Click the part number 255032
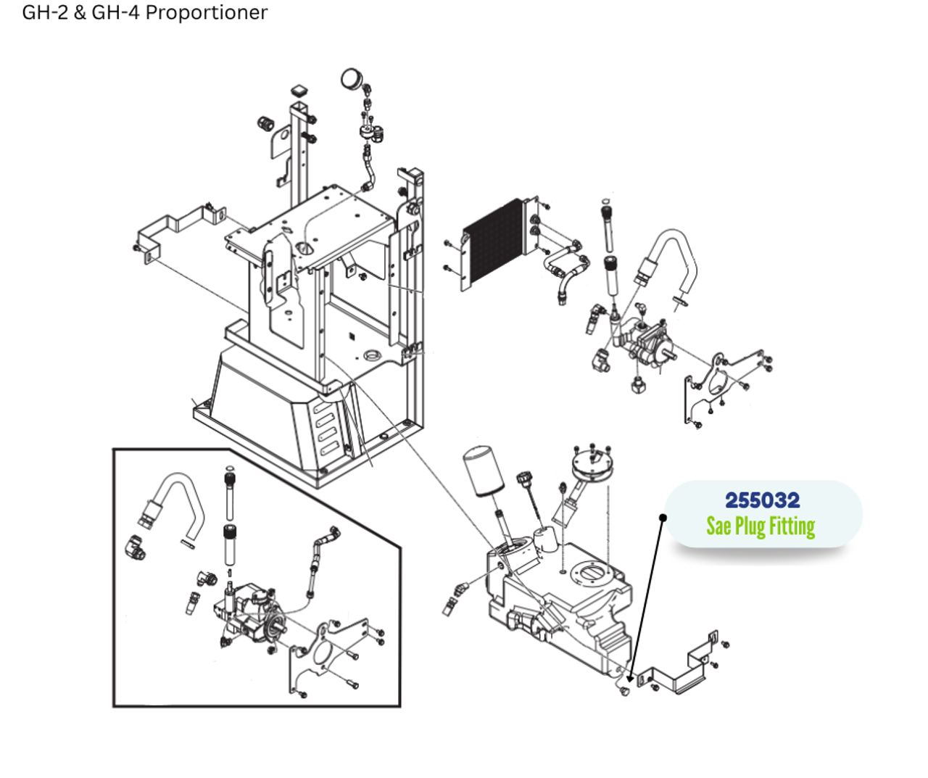(762, 500)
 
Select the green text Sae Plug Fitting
(761, 526)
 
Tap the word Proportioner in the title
(207, 12)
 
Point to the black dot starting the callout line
(663, 517)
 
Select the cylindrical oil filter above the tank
(483, 472)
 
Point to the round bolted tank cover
(592, 463)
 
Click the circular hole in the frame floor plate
(373, 355)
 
